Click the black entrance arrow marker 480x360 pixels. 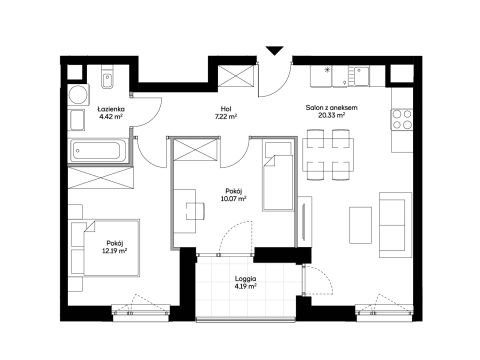275,51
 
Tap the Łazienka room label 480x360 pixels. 111,109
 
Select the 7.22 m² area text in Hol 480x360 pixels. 226,116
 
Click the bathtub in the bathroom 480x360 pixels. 98,151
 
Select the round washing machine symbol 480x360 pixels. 79,95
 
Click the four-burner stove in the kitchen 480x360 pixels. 402,119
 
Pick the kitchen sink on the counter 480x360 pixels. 359,76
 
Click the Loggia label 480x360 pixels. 245,279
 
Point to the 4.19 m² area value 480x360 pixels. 245,286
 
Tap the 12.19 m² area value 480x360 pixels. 115,250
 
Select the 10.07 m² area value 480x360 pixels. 233,199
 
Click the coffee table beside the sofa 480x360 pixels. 360,225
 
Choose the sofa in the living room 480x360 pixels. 396,225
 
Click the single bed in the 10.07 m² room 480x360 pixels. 278,176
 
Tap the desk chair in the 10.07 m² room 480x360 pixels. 195,211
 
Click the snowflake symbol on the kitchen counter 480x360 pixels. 327,70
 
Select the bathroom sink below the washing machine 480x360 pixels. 77,120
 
